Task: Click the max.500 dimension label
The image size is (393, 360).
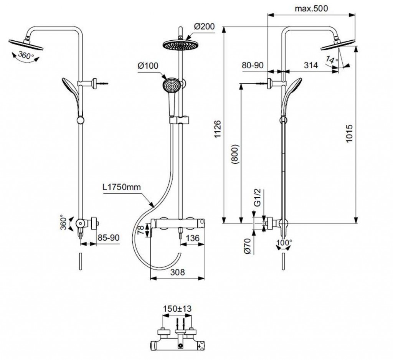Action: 311,8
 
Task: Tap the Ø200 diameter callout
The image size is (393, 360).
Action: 205,26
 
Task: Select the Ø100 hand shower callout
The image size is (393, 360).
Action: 148,66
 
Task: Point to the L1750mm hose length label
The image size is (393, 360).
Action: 122,187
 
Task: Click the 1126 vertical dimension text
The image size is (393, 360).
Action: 218,129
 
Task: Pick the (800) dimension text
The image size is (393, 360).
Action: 236,154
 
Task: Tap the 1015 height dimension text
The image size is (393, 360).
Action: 349,134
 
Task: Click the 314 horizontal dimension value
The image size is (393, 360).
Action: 311,65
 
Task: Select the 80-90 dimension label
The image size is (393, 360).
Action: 253,65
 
